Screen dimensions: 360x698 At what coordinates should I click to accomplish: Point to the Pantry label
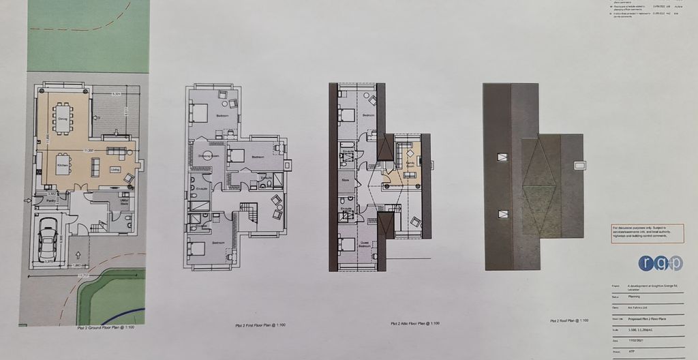51,202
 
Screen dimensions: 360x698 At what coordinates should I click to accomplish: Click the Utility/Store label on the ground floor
123,202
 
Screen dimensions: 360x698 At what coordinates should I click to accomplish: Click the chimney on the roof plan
581,165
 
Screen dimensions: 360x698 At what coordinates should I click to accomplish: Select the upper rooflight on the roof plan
503,157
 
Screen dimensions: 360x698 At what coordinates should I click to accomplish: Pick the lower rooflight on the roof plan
502,212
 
